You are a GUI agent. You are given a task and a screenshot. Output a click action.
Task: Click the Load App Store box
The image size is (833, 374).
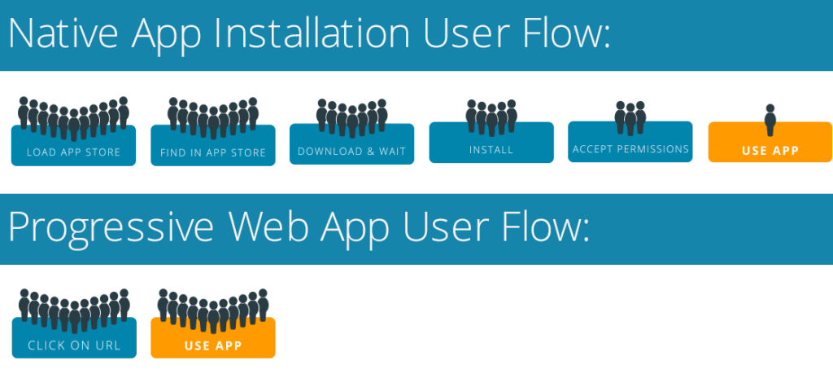pyautogui.click(x=73, y=146)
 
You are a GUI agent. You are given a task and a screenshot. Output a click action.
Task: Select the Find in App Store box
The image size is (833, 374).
pyautogui.click(x=213, y=146)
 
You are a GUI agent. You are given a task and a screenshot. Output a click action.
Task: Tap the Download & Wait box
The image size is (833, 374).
pyautogui.click(x=351, y=144)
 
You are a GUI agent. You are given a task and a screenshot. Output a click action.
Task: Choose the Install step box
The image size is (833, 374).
pyautogui.click(x=491, y=143)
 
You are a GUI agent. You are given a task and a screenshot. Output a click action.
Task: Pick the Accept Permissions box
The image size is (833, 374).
pyautogui.click(x=630, y=142)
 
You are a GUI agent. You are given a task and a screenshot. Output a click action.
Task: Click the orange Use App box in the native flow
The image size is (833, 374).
pyautogui.click(x=770, y=142)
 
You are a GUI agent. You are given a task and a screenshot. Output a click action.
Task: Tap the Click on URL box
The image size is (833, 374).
pyautogui.click(x=74, y=338)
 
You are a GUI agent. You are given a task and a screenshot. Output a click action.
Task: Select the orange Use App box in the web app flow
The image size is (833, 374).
pyautogui.click(x=213, y=338)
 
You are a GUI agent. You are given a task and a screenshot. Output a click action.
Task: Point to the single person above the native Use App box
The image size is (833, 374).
pyautogui.click(x=770, y=121)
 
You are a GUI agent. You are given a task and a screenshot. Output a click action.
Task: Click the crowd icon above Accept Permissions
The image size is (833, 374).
pyautogui.click(x=630, y=118)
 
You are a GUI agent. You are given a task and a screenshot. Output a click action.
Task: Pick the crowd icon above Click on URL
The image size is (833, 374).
pyautogui.click(x=74, y=311)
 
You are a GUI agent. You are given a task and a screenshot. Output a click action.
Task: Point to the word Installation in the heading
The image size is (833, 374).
pyautogui.click(x=307, y=34)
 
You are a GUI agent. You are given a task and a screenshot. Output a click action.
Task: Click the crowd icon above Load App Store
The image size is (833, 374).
pyautogui.click(x=73, y=119)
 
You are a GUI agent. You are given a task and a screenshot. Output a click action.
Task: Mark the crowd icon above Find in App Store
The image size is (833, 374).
pyautogui.click(x=213, y=119)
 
